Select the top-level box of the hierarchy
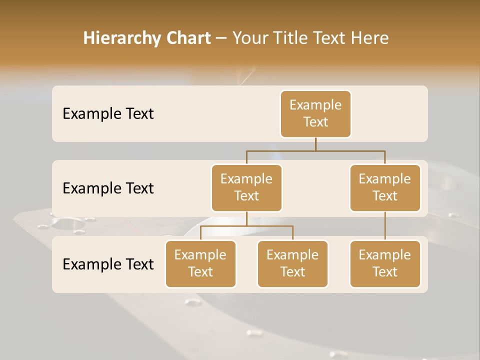coord(315,114)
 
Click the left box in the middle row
coord(246,188)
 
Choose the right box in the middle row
coord(385,188)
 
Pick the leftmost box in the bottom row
coord(200,264)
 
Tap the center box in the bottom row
coord(292,264)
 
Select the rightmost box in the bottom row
coord(385,264)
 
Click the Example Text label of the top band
coord(108,114)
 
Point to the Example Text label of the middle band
coord(108,188)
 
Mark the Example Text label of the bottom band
coord(108,264)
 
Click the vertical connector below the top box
coord(315,144)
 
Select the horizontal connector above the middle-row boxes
coord(315,150)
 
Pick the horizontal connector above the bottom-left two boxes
coord(246,226)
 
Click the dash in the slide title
coord(221,38)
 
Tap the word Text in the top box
coord(315,122)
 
